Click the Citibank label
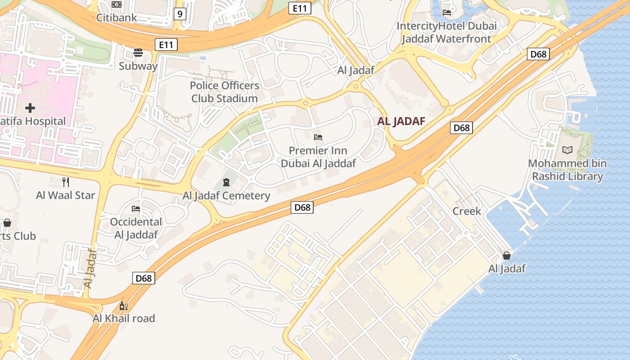coord(117,18)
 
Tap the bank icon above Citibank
coord(117,4)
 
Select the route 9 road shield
coord(180,14)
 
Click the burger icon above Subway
coord(138,53)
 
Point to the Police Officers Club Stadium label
coord(225,92)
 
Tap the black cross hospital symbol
coord(30,108)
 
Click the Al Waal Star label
coord(66,195)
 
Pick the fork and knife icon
coord(66,182)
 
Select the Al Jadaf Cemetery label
coord(226,196)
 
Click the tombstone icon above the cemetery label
coord(226,182)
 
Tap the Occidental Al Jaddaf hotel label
coord(136,228)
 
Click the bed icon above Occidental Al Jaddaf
coord(136,209)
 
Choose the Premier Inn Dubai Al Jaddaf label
coord(318,157)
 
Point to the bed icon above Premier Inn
coord(318,137)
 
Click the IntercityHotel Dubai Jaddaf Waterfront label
coord(446,32)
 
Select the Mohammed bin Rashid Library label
coord(567,170)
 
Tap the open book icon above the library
coord(567,150)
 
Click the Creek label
coord(467,211)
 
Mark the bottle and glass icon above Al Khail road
coord(123,306)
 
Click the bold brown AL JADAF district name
coord(401,121)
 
